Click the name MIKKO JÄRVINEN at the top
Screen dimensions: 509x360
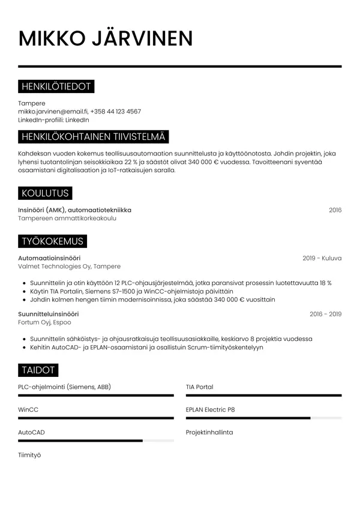106,38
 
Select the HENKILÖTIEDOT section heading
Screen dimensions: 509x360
56,87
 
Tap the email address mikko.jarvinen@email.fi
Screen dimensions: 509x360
53,112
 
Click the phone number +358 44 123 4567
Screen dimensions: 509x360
116,112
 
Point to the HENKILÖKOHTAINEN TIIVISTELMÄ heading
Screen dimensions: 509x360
93,137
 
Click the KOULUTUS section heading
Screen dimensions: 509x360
45,193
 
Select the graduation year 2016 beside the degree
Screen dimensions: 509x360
335,210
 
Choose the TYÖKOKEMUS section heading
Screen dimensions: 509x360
52,241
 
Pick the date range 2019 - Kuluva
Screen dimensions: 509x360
322,258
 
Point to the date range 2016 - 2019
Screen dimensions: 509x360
325,314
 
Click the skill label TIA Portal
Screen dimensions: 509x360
199,387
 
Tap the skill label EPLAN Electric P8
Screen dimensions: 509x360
210,409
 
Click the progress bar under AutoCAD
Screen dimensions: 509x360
96,441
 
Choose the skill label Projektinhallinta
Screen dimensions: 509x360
209,432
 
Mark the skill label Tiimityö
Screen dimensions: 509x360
29,455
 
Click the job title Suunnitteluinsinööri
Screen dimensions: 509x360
49,314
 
